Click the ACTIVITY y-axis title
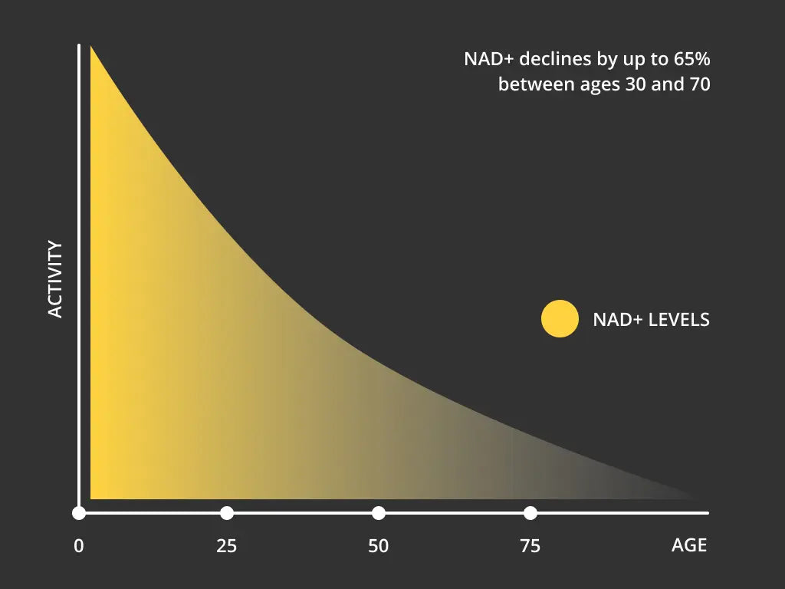click(55, 279)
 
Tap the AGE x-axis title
click(688, 546)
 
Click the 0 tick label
click(78, 547)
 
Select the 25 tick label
click(226, 547)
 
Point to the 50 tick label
click(378, 547)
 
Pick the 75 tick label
click(530, 547)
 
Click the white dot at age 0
click(79, 513)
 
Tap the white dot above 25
click(226, 513)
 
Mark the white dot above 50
click(378, 513)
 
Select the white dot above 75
click(530, 513)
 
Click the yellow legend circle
click(560, 318)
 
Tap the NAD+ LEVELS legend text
click(651, 319)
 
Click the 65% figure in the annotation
click(691, 59)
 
